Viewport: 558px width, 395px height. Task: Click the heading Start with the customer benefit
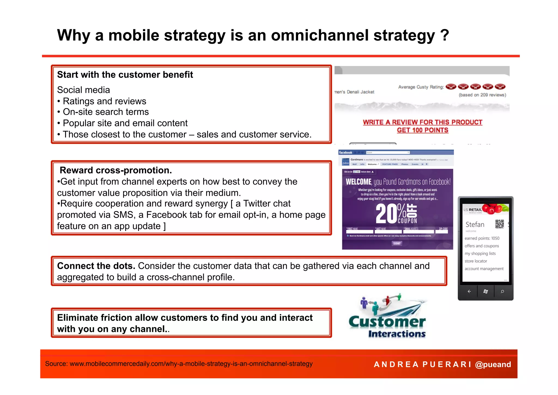[x=125, y=75]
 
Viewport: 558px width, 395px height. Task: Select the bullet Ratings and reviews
[x=104, y=101]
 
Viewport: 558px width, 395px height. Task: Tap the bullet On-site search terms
[x=106, y=112]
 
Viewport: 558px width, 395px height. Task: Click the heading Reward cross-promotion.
[x=116, y=170]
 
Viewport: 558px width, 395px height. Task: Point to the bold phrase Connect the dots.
[x=96, y=266]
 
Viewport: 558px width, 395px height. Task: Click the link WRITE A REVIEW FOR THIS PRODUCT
[x=422, y=122]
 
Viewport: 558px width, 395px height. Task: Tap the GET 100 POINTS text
[x=422, y=130]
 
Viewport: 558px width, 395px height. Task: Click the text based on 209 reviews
[x=482, y=95]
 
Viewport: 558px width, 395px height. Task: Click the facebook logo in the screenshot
[x=345, y=153]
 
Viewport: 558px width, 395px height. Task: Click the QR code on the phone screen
[x=499, y=224]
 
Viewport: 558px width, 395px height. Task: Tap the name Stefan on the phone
[x=475, y=224]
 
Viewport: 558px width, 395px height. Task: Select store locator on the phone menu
[x=476, y=261]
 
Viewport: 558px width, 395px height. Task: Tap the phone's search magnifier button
[x=502, y=292]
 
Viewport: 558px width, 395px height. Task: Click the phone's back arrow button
[x=469, y=292]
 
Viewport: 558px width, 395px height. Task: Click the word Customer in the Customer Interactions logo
[x=387, y=322]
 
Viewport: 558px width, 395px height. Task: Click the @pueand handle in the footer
[x=493, y=364]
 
